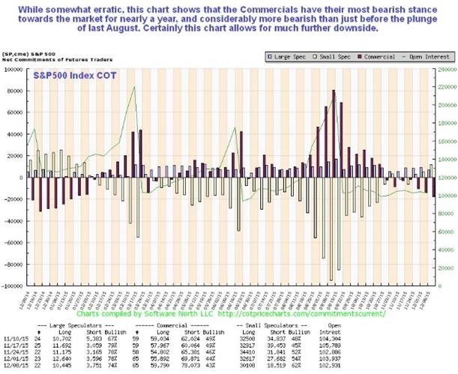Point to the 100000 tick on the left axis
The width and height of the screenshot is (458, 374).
(x=14, y=70)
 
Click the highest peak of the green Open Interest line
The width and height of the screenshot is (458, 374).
(x=134, y=88)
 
